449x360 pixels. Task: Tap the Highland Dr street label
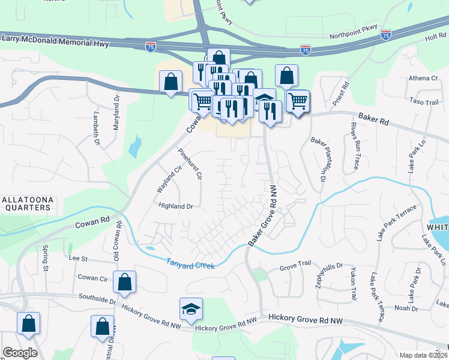point(175,206)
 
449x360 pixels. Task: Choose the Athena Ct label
point(424,78)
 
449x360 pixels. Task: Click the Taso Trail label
point(424,102)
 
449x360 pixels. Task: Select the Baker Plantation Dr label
point(318,159)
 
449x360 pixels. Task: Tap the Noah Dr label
point(406,308)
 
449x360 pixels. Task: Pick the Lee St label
point(79,259)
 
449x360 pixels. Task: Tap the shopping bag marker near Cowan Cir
point(124,282)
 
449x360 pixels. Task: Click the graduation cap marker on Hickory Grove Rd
point(191,310)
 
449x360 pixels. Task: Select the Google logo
point(20,353)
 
